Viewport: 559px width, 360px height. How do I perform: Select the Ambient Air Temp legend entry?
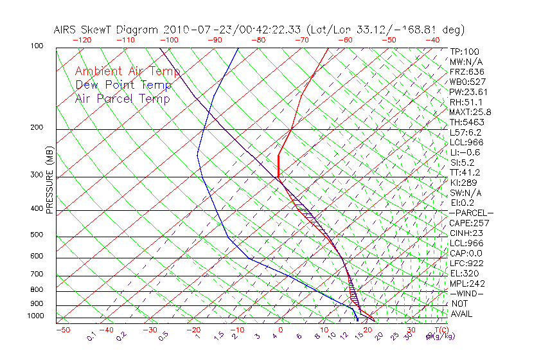click(x=127, y=71)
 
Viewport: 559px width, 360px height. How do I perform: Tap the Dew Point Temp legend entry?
click(x=123, y=85)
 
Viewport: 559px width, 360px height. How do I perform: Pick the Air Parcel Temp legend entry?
click(x=122, y=98)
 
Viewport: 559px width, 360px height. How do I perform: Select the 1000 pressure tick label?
click(x=36, y=316)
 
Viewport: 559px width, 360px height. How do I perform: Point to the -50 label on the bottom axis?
click(x=62, y=330)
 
